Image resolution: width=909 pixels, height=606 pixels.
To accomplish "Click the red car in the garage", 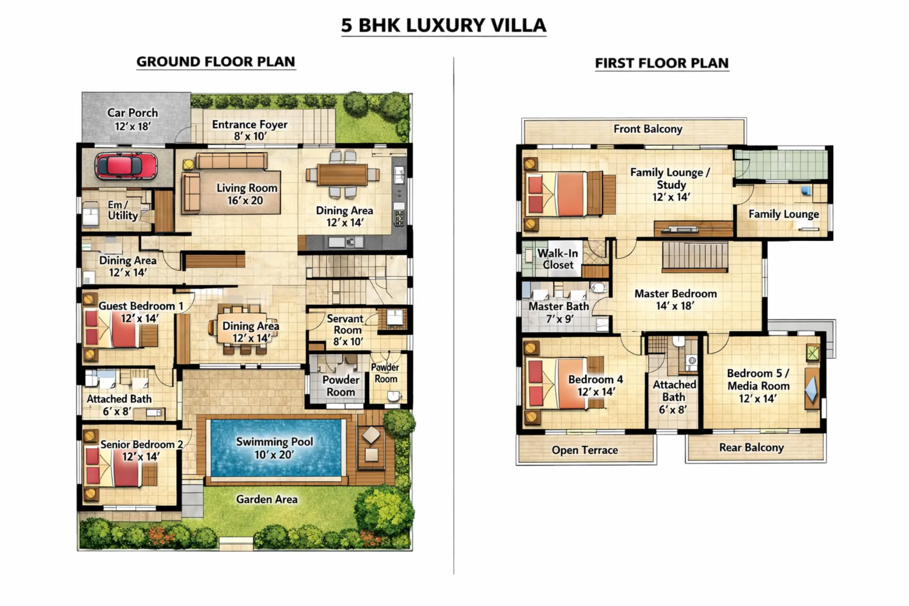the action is coord(126,166).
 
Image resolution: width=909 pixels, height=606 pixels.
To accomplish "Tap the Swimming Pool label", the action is coord(274,448).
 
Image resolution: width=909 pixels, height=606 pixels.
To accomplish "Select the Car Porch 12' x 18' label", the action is coord(133,119).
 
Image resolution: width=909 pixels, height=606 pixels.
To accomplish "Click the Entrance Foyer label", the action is coord(250,130).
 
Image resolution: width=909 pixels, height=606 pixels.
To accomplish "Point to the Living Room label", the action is coord(247,194).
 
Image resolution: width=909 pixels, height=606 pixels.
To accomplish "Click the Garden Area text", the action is coord(267,499).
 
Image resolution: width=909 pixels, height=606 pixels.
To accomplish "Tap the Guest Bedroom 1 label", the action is coord(140,312).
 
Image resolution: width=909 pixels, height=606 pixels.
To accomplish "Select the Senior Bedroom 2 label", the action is coord(141,450).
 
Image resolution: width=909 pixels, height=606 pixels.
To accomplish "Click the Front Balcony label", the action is coord(648,129).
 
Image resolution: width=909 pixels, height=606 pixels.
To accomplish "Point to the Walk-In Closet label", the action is coord(558,259).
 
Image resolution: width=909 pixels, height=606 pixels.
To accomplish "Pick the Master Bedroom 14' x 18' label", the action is coord(676,299).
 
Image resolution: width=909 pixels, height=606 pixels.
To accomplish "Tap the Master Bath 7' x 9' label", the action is coord(559,312).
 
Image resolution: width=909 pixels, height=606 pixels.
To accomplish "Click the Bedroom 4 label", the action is coord(596,385).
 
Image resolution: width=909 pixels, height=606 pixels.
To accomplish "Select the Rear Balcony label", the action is coord(751,448).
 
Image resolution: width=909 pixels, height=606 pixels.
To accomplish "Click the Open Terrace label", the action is coord(585,450).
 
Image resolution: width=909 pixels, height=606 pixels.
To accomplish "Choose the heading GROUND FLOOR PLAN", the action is coord(216,62).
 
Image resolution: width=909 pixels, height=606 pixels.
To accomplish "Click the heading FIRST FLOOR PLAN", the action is coord(662,63).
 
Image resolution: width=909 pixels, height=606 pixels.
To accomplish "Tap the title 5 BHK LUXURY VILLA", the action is coord(444,25).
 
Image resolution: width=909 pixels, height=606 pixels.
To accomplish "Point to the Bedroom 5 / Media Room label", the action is coord(758,386).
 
